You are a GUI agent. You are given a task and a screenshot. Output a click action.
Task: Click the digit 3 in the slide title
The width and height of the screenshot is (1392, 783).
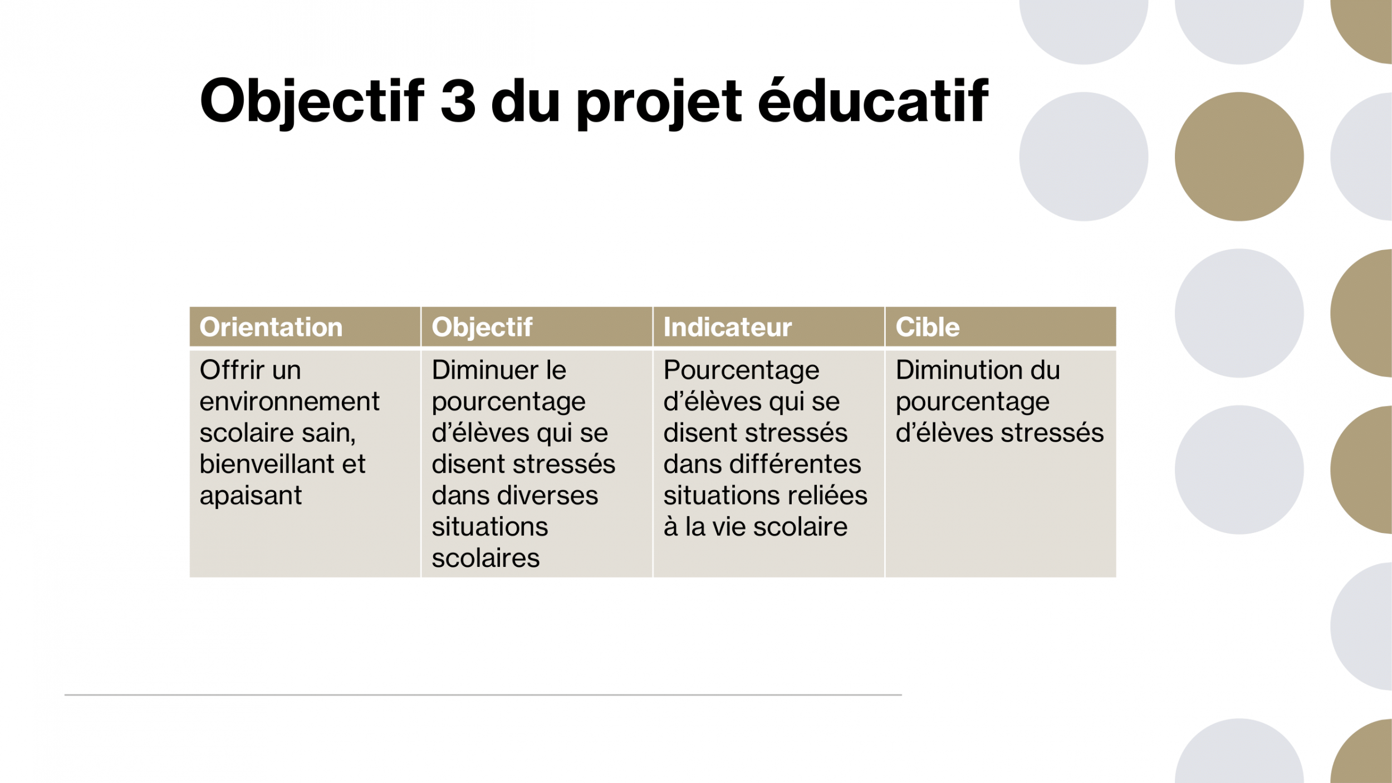pos(458,101)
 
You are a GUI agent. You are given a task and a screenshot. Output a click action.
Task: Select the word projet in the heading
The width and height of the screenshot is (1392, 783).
pos(659,103)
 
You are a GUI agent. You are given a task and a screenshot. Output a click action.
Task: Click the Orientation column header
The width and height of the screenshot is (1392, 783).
pos(271,327)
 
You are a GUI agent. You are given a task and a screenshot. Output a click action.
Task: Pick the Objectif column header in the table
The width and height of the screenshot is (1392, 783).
pos(482,327)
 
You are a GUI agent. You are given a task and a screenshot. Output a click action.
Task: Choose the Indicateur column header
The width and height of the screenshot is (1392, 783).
pos(727,327)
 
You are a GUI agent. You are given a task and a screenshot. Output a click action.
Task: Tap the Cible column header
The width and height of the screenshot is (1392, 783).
pos(928,327)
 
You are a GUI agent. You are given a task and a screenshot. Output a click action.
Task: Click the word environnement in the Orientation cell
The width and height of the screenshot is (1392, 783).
pos(290,402)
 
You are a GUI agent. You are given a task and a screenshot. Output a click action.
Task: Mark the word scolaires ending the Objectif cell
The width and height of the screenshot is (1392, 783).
pos(486,558)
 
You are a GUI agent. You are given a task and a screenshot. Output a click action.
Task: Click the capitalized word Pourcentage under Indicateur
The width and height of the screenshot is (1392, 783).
pos(741,371)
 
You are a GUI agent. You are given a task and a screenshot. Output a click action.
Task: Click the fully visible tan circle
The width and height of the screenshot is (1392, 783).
pos(1239,156)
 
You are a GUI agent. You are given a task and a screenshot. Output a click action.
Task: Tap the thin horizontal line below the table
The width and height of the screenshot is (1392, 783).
pos(483,695)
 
